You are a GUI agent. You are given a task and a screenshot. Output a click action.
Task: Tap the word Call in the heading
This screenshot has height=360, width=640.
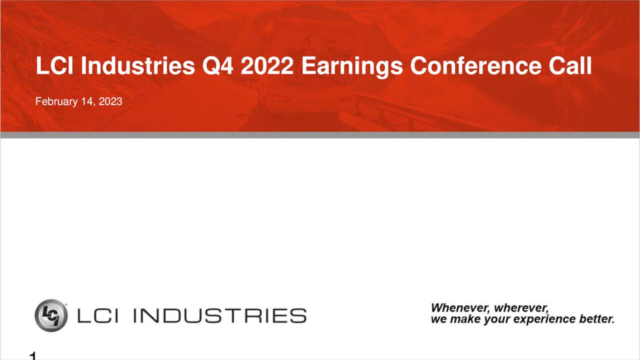570,66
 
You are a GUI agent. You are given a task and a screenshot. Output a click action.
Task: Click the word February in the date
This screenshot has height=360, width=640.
56,101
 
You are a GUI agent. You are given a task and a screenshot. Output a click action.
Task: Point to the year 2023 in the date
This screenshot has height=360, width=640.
110,101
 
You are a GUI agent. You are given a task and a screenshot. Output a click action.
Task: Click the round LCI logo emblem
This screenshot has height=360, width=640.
51,315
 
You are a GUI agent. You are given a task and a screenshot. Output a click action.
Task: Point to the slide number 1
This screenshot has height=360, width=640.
33,356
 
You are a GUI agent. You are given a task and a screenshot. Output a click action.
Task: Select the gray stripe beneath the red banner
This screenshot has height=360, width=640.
320,135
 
